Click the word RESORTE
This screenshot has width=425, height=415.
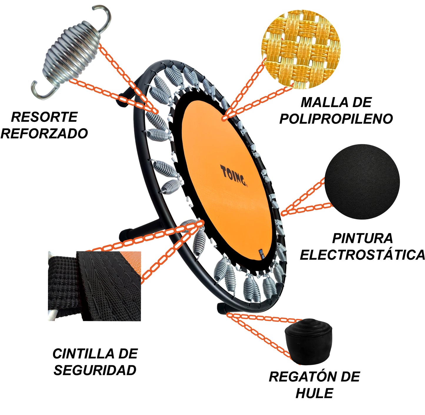pyautogui.click(x=44, y=117)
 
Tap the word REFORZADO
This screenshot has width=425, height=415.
pyautogui.click(x=44, y=133)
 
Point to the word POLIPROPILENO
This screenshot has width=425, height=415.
pyautogui.click(x=336, y=119)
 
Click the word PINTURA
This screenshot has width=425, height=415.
pyautogui.click(x=362, y=238)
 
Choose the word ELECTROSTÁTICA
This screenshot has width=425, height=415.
pyautogui.click(x=362, y=255)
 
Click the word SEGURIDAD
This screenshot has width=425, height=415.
pyautogui.click(x=95, y=370)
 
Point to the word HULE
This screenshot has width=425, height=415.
pyautogui.click(x=314, y=393)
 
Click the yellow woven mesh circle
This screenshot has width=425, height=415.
pyautogui.click(x=301, y=49)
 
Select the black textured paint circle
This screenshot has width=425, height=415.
pyautogui.click(x=362, y=182)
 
